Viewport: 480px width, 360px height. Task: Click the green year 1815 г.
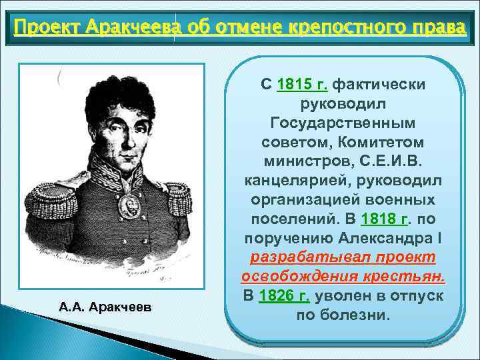pos(302,85)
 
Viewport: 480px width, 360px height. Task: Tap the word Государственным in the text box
pos(343,124)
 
